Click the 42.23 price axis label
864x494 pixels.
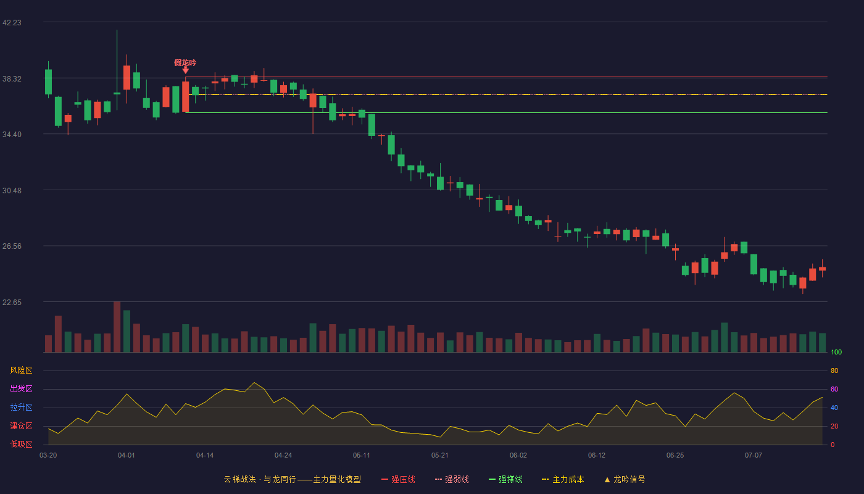[x=12, y=23]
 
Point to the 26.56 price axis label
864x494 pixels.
[x=12, y=246]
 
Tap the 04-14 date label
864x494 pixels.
[x=205, y=456]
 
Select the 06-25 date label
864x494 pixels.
[x=675, y=456]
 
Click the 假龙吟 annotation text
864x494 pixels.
[x=185, y=62]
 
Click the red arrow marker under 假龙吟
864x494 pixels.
[x=186, y=70]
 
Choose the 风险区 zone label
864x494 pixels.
[x=21, y=371]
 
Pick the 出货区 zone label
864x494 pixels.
[x=21, y=388]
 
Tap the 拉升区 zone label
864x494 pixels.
[x=21, y=407]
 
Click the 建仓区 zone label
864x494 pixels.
[x=21, y=425]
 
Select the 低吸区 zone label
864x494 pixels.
[x=21, y=444]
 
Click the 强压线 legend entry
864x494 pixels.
[x=399, y=479]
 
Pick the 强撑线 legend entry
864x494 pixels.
[x=505, y=479]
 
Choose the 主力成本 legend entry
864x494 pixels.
[x=563, y=479]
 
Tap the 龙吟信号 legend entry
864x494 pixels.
[x=625, y=479]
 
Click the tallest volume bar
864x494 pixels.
[x=117, y=327]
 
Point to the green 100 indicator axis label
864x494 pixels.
[x=836, y=352]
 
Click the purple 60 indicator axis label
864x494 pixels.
[x=834, y=389]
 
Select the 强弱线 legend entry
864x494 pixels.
[x=452, y=479]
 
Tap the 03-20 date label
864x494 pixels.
[x=48, y=456]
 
